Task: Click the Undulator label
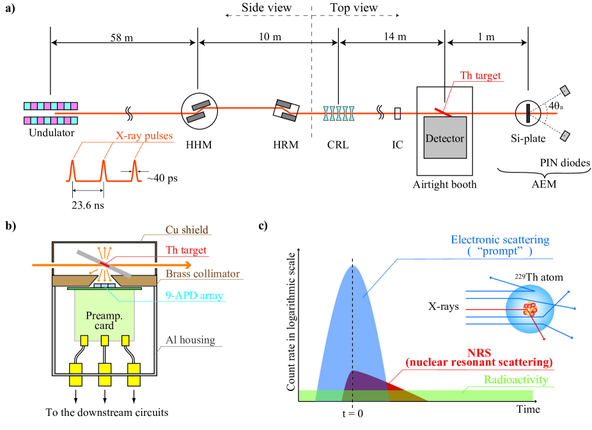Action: tap(51, 134)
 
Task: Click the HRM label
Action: tap(284, 145)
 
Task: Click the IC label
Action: tap(397, 145)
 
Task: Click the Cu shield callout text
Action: tap(187, 230)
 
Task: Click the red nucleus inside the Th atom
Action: tap(529, 310)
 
